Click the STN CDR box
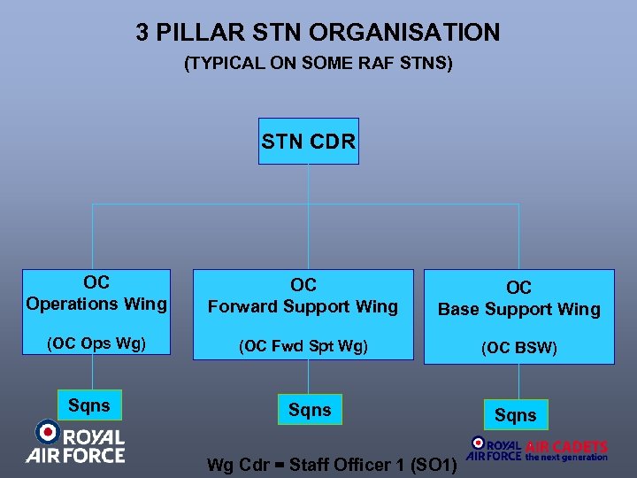[309, 142]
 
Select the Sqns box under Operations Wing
[89, 406]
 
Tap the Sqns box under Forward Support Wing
[310, 410]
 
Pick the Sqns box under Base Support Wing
[515, 415]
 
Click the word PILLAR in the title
[204, 34]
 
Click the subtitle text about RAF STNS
[318, 64]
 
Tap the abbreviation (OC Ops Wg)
[96, 343]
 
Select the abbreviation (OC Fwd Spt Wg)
[303, 344]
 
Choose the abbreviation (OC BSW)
[518, 348]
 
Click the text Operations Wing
[96, 304]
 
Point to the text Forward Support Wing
[303, 306]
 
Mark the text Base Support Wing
[518, 309]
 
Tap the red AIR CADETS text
[566, 447]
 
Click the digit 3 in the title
[142, 34]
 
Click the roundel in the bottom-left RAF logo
[46, 432]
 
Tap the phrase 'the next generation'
[566, 458]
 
